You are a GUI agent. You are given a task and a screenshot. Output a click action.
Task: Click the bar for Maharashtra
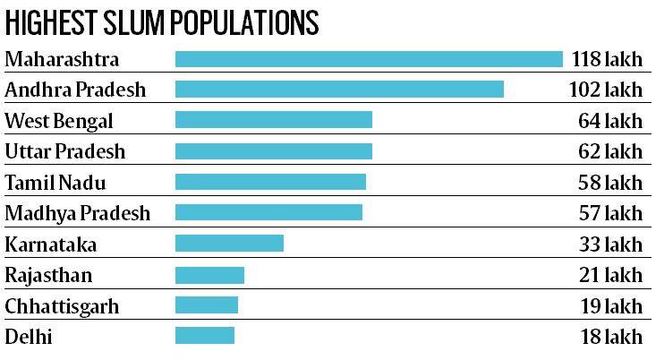pos(369,59)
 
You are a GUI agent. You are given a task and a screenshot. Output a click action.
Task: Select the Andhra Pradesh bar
pos(339,89)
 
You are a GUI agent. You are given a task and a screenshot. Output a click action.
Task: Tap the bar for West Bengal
pos(273,120)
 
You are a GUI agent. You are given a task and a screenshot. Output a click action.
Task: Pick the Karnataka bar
pos(229,243)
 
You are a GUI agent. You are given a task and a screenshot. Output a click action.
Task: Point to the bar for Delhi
pos(204,336)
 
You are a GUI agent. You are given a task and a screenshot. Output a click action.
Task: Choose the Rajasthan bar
pos(209,274)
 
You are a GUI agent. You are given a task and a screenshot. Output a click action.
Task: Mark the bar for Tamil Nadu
pos(270,182)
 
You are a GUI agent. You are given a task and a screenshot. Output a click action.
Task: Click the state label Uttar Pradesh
pos(65,150)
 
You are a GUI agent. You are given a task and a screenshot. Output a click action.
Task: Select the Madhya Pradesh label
pos(78,213)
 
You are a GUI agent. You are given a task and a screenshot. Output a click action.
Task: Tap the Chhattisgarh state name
pos(62,306)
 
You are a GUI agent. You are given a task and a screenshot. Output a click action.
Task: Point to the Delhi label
pos(29,337)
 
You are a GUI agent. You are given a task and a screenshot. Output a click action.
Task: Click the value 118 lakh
pos(606,59)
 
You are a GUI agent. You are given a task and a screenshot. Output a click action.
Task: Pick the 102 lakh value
pos(606,90)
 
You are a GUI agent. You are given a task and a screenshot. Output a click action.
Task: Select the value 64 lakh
pos(610,120)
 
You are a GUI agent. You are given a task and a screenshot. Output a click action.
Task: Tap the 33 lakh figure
pos(610,244)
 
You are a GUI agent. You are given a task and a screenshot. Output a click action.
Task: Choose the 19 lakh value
pos(611,306)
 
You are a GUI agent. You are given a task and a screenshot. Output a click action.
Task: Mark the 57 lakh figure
pos(610,213)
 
